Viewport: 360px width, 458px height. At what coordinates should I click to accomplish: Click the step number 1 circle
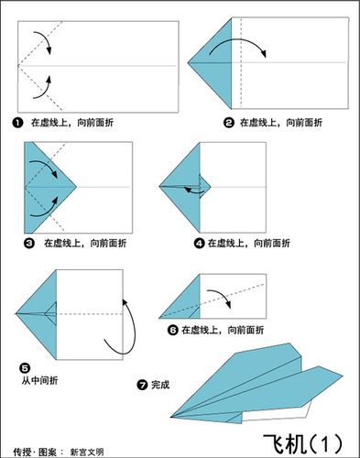17,121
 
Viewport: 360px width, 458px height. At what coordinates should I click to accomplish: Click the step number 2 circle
228,121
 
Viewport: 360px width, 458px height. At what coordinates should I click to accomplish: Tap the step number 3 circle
29,243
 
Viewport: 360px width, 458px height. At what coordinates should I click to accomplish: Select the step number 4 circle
199,243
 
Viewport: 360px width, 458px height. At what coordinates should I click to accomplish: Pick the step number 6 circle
172,329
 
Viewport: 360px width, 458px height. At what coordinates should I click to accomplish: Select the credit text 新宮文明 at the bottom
102,451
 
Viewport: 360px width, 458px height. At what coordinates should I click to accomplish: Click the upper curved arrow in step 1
40,38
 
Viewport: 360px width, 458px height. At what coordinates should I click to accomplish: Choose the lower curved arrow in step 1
40,88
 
